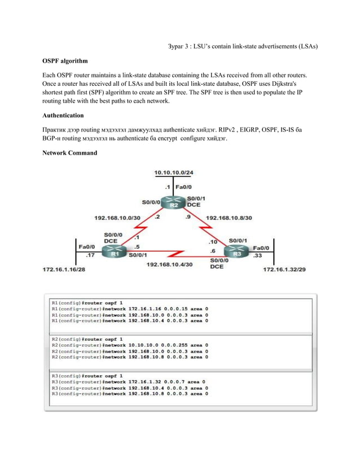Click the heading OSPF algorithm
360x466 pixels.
coord(65,60)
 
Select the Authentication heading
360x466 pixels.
coord(63,115)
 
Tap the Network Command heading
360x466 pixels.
coord(69,152)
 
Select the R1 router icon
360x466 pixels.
coord(115,252)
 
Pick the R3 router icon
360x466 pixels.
coord(236,252)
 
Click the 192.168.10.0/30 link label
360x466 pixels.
coord(117,217)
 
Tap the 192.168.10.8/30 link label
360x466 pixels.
coord(229,217)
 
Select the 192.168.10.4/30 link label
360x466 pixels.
coord(170,264)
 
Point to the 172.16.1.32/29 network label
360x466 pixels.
coord(285,270)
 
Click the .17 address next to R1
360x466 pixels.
coord(90,255)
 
